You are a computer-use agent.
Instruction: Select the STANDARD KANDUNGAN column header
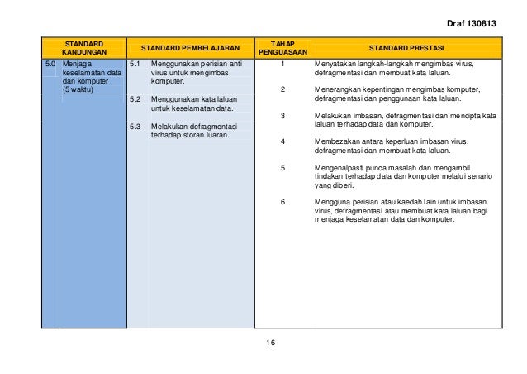point(84,48)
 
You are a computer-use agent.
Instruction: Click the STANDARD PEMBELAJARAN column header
point(189,48)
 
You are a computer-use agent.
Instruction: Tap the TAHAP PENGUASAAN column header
point(282,48)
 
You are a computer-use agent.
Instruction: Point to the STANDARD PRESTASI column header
point(405,48)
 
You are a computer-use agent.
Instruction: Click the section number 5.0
point(50,63)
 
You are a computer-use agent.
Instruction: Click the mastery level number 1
point(282,63)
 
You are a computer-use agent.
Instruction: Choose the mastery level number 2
point(282,89)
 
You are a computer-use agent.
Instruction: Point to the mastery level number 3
point(282,115)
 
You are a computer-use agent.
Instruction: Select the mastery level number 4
point(282,141)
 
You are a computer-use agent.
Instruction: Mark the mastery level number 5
point(282,168)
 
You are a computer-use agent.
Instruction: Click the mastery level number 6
point(282,202)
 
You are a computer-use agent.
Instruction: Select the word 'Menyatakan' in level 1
point(324,63)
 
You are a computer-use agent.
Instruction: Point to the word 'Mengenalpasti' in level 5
point(327,168)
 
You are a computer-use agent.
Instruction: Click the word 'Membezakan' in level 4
point(325,141)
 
